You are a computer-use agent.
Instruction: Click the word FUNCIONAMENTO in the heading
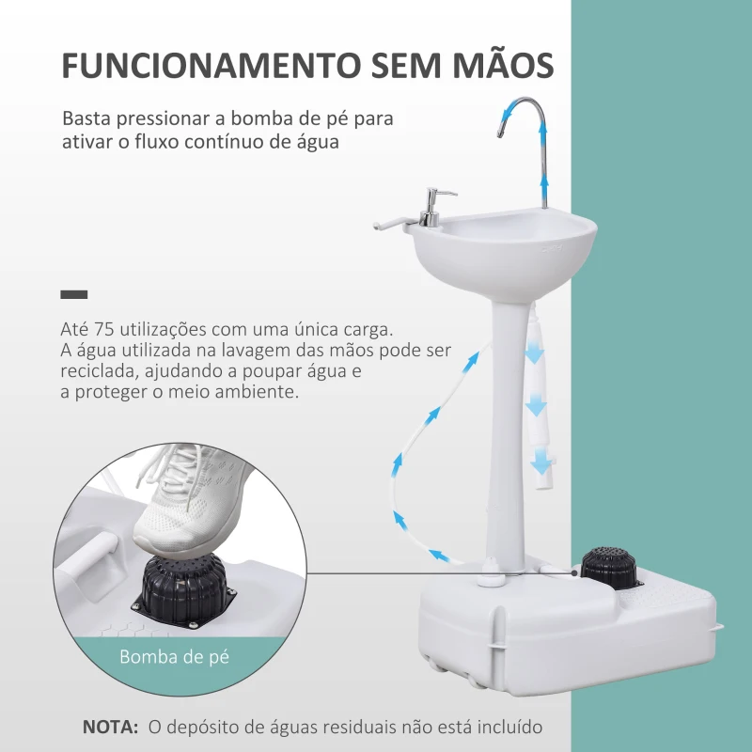pyautogui.click(x=202, y=68)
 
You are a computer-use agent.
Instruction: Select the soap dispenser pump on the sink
pyautogui.click(x=431, y=207)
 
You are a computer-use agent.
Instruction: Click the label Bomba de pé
pyautogui.click(x=175, y=657)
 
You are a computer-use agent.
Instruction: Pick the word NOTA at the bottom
pyautogui.click(x=108, y=726)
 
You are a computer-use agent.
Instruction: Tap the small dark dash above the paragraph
pyautogui.click(x=73, y=295)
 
